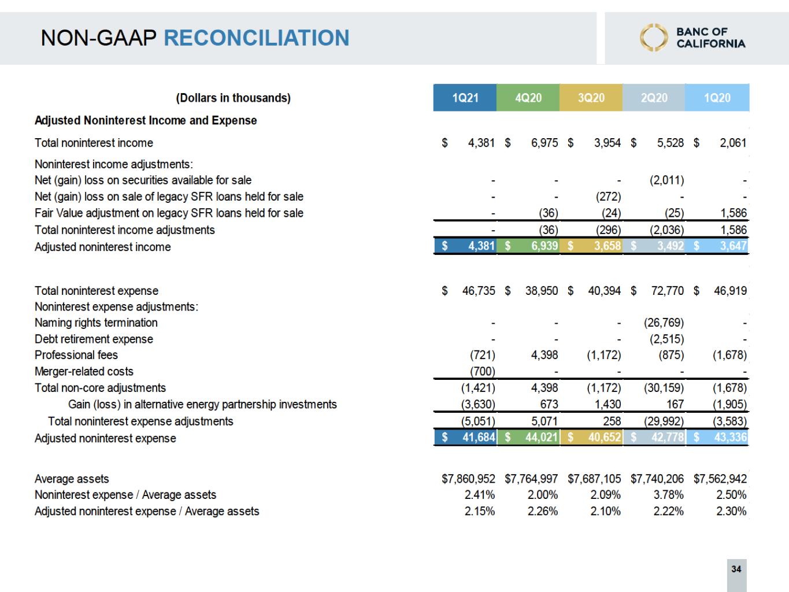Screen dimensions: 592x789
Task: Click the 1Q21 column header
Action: click(x=465, y=98)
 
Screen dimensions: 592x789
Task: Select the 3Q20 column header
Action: click(x=591, y=98)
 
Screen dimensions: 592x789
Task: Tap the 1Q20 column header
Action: click(x=717, y=98)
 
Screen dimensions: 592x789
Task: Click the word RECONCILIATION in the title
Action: click(x=257, y=38)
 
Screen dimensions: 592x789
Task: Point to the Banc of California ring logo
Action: click(x=653, y=38)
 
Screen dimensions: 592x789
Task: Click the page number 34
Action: click(x=736, y=569)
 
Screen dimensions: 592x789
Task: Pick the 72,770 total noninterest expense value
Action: click(x=667, y=291)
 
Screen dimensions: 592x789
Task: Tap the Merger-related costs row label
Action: click(x=84, y=371)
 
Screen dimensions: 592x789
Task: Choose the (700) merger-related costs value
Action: click(x=482, y=371)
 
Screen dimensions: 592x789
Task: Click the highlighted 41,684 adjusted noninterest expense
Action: click(x=479, y=438)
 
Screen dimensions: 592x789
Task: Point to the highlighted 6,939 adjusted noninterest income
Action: click(x=544, y=246)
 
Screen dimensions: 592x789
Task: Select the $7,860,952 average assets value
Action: click(x=468, y=479)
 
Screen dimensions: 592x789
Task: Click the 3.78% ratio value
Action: click(x=668, y=495)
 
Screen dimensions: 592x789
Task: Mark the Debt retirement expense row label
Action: click(x=94, y=339)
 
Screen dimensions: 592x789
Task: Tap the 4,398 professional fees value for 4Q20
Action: click(x=544, y=355)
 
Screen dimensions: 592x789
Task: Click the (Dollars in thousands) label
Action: click(x=233, y=98)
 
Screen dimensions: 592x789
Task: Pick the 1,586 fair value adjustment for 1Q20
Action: click(x=733, y=213)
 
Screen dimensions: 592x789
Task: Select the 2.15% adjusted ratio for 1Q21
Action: click(x=480, y=511)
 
